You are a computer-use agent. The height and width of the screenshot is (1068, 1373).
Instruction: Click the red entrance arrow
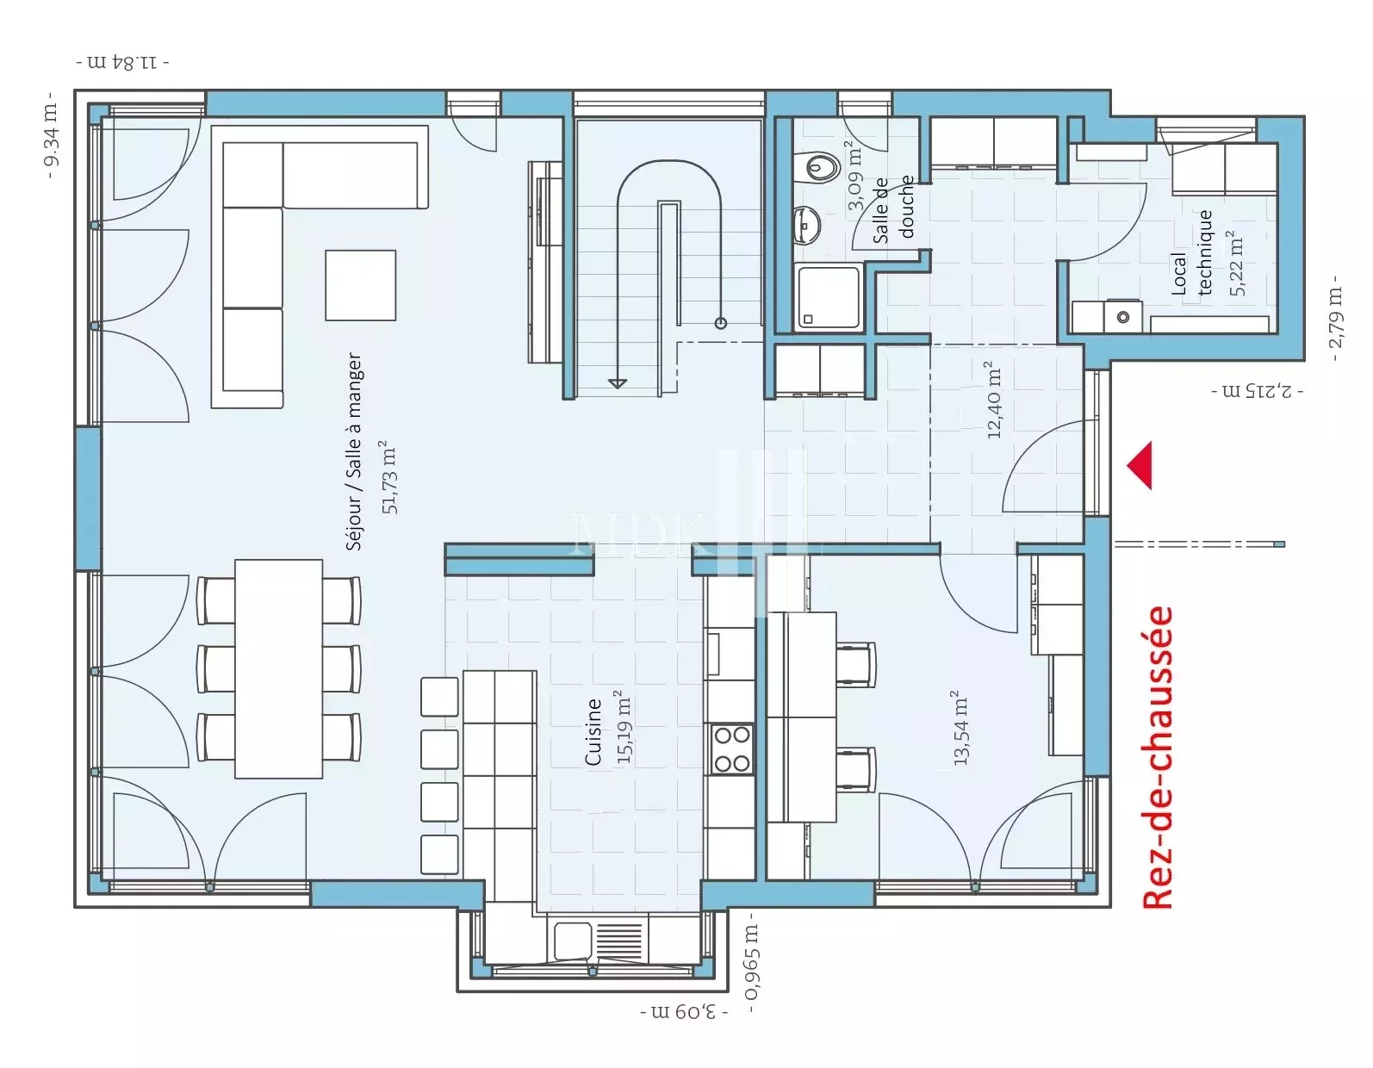tap(1142, 465)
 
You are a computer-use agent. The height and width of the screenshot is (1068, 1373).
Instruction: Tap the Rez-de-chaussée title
tap(1159, 757)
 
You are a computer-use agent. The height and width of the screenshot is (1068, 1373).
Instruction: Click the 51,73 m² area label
tap(389, 477)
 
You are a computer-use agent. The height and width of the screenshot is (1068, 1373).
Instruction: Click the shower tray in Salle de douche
tap(829, 297)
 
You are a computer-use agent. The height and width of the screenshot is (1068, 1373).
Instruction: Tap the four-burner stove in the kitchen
tap(731, 749)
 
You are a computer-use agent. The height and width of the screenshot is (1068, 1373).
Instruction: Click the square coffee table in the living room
tap(361, 285)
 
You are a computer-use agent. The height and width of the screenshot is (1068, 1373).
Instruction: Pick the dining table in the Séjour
tap(278, 668)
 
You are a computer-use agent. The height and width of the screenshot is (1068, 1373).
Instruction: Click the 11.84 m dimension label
tap(122, 63)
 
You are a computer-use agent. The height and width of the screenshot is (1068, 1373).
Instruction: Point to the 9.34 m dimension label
tap(52, 135)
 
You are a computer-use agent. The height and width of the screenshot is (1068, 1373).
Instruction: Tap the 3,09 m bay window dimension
tap(684, 1012)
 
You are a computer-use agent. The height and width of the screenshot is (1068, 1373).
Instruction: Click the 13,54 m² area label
tap(960, 728)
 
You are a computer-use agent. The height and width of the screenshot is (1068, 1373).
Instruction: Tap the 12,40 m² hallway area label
tap(993, 400)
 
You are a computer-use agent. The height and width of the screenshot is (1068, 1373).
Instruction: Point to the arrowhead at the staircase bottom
tap(617, 383)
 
